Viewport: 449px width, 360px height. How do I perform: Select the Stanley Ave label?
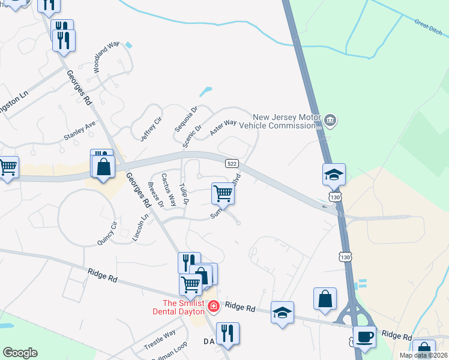point(80,132)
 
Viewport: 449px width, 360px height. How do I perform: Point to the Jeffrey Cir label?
point(151,129)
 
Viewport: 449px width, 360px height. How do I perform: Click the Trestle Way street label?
point(160,340)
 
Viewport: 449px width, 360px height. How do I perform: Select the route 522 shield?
point(232,164)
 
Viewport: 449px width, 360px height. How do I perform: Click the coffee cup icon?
point(364,337)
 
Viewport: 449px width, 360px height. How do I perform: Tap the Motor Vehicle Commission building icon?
point(330,121)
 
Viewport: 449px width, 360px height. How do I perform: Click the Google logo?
point(20,353)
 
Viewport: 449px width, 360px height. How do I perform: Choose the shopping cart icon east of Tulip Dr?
point(223,193)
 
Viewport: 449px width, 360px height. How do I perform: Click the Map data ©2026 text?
point(423,355)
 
